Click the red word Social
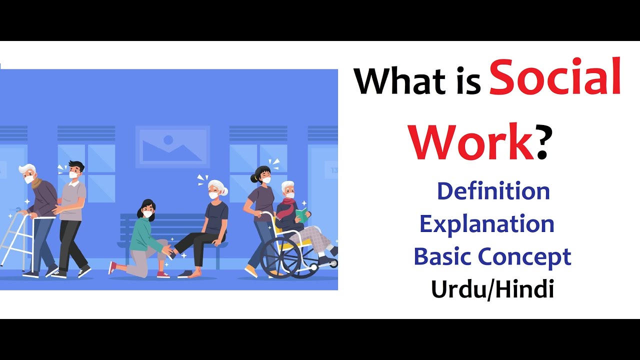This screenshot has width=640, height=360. click(555, 77)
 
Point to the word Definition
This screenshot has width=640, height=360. click(493, 191)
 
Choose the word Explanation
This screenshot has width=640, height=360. click(486, 224)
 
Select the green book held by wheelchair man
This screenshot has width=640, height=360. click(301, 215)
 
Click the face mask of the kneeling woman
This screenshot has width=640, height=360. click(147, 214)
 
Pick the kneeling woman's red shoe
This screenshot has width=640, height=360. click(163, 274)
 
